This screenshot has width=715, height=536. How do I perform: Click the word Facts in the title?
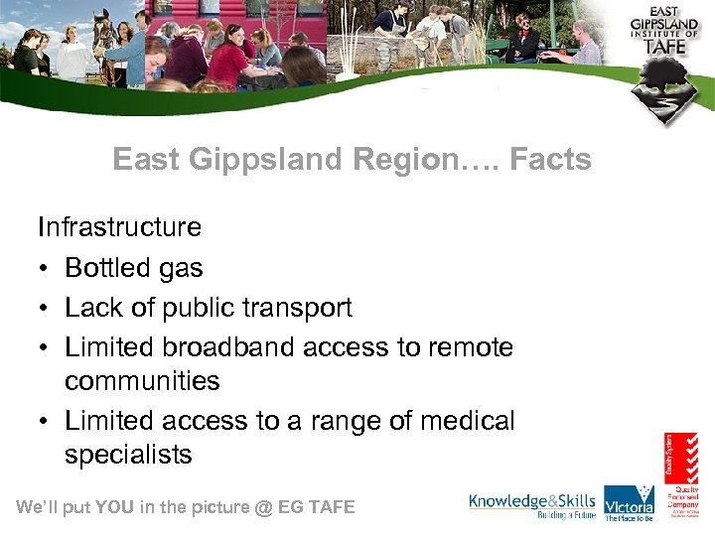point(550,159)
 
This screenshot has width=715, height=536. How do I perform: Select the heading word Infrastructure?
point(119,227)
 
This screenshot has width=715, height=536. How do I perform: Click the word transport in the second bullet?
point(297,309)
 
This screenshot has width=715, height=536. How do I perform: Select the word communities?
point(142,381)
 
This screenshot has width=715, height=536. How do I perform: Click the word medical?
point(467,421)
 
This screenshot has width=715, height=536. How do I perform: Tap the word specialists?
point(128,456)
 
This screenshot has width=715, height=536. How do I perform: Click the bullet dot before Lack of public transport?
point(46,309)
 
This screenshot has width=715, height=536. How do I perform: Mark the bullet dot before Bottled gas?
point(46,269)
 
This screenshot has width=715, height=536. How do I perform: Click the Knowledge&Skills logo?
point(532,504)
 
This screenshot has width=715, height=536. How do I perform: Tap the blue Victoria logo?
point(629,501)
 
